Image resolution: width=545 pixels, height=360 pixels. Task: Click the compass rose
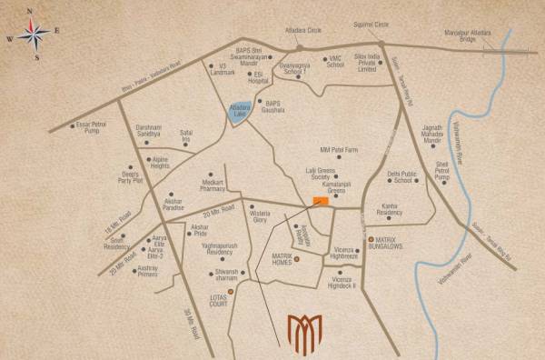pyautogui.click(x=34, y=35)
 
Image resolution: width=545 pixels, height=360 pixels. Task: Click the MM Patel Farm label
pyautogui.click(x=339, y=148)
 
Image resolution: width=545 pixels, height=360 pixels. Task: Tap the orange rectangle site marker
pyautogui.click(x=319, y=200)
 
